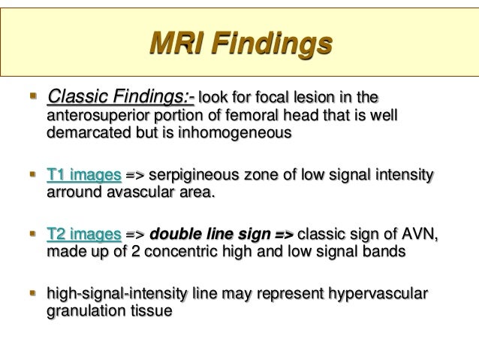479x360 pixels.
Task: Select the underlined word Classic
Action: coord(77,98)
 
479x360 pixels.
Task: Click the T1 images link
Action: coord(83,177)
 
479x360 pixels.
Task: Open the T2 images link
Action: coord(83,234)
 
